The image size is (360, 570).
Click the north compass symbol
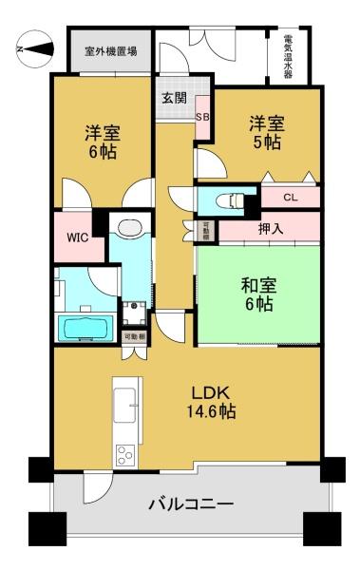pyautogui.click(x=36, y=48)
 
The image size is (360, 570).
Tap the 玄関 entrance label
pyautogui.click(x=174, y=98)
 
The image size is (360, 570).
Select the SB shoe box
pyautogui.click(x=202, y=117)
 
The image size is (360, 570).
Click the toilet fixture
pyautogui.click(x=229, y=200)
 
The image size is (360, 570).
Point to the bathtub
pyautogui.click(x=86, y=328)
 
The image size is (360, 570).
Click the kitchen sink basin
pyautogui.click(x=124, y=405)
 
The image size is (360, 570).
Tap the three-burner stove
pyautogui.click(x=125, y=455)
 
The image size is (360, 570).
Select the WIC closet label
pyautogui.click(x=78, y=237)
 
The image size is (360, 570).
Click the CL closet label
pyautogui.click(x=290, y=198)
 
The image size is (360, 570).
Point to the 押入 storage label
pyautogui.click(x=271, y=229)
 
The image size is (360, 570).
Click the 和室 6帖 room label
pyautogui.click(x=258, y=294)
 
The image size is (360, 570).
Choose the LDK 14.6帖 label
pyautogui.click(x=211, y=402)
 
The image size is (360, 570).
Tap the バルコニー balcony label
pyautogui.click(x=191, y=504)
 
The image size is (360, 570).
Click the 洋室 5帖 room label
pyautogui.click(x=267, y=133)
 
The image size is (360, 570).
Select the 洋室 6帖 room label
pyautogui.click(x=103, y=142)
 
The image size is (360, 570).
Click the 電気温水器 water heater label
pyautogui.click(x=288, y=56)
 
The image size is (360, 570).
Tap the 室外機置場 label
pyautogui.click(x=111, y=51)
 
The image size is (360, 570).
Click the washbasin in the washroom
pyautogui.click(x=130, y=228)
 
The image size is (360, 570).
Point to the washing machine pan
pyautogui.click(x=134, y=313)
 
